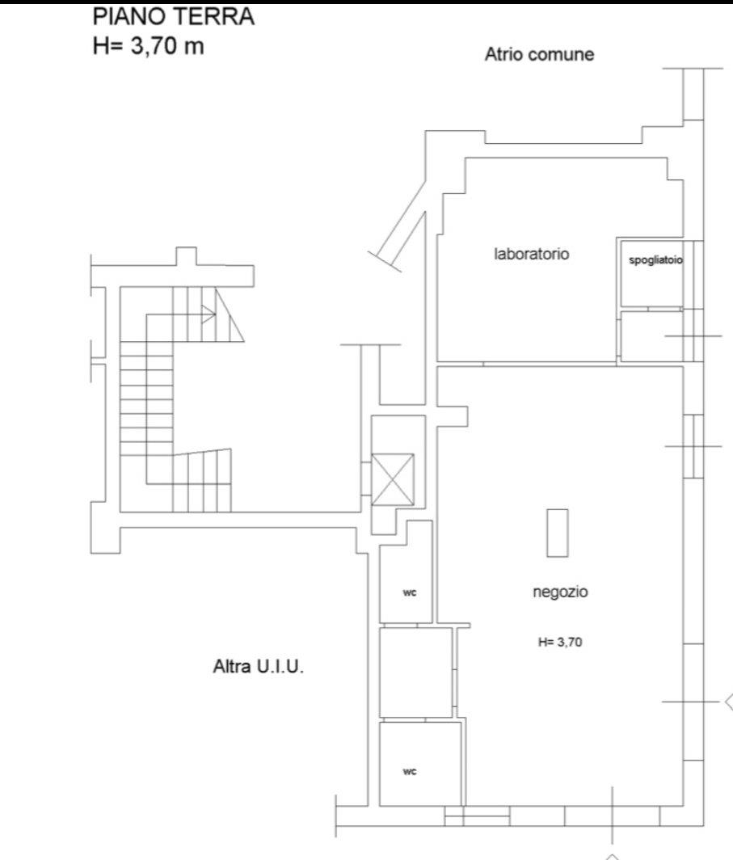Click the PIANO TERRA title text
[x=173, y=16]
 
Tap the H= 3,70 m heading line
[x=148, y=45]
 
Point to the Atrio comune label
[x=540, y=54]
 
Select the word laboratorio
[x=531, y=254]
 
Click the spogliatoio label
[x=655, y=260]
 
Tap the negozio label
[x=560, y=592]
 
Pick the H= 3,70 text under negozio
[x=560, y=642]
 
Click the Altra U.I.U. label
[x=259, y=666]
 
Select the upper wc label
[x=410, y=593]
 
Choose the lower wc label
[x=410, y=772]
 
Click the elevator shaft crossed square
[x=393, y=479]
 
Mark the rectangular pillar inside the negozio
[x=557, y=533]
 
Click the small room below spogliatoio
[x=651, y=335]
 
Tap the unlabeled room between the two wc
[x=415, y=672]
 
